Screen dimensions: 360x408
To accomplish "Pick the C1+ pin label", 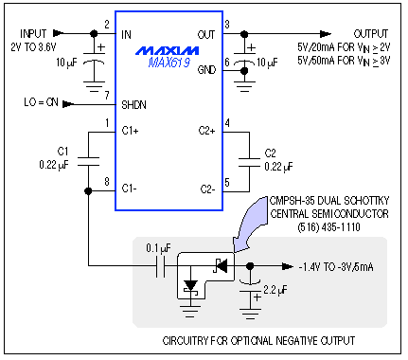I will point(133,132).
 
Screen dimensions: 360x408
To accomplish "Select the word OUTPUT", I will point(370,32).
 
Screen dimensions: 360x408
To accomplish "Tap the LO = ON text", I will point(38,99).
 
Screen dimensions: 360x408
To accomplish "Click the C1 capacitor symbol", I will point(88,159).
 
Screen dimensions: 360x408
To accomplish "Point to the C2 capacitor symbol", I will point(249,157).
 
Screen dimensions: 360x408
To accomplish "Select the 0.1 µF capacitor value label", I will point(155,249).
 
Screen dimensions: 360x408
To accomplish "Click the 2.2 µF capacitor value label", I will point(277,289).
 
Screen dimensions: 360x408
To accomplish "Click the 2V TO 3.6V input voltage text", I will point(33,45).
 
